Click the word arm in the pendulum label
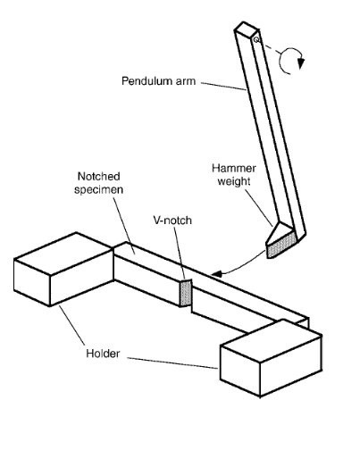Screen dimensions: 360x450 pos(186,81)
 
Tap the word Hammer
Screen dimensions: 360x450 pos(234,169)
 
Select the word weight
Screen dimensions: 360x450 pos(234,181)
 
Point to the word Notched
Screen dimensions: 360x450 pos(99,176)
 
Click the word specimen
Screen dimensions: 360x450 pos(98,189)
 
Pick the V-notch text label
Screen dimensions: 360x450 pos(172,221)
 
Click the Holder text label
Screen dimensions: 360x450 pos(103,354)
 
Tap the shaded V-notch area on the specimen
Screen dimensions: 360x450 pos(185,294)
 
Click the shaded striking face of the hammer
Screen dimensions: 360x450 pos(281,246)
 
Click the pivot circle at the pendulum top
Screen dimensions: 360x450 pos(256,39)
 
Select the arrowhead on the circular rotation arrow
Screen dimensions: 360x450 pos(301,63)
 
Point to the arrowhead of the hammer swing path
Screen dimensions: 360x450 pos(215,274)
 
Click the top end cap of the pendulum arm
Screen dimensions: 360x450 pos(246,29)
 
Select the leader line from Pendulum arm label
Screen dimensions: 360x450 pos(223,87)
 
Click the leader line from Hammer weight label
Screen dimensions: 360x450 pos(259,208)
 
